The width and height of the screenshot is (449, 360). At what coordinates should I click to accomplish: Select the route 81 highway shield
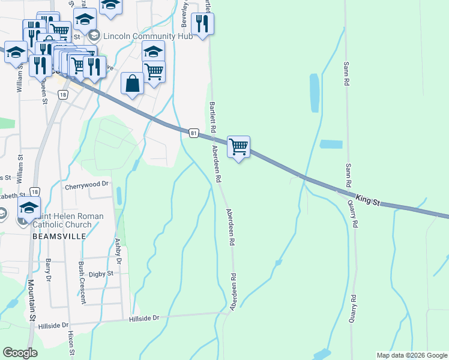tap(193, 132)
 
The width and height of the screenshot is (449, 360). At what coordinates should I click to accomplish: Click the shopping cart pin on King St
tap(239, 146)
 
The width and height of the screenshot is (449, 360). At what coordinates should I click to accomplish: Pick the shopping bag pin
tap(132, 84)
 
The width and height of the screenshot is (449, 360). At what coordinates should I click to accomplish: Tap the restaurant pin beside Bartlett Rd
tap(202, 24)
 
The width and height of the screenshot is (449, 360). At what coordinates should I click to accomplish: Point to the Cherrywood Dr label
tap(89, 186)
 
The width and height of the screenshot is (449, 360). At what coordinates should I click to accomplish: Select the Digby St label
tap(101, 274)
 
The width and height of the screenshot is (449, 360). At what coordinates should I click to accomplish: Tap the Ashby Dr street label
tap(118, 251)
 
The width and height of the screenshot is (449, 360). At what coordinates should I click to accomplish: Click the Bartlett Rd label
tap(212, 118)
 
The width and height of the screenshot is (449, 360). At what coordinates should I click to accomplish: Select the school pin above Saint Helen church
tap(29, 208)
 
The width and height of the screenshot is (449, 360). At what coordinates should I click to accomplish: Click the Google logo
tap(20, 353)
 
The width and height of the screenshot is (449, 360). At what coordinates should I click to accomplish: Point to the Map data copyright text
tap(411, 355)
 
